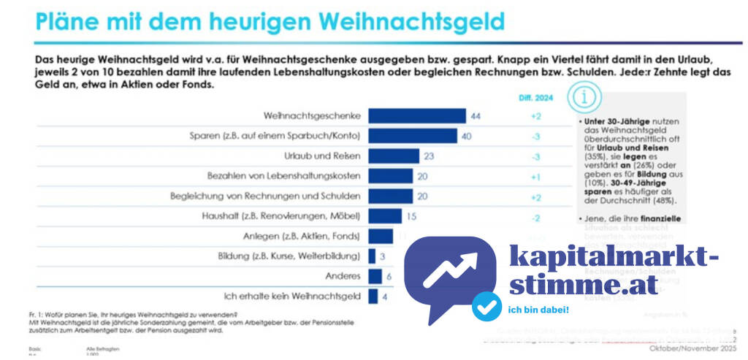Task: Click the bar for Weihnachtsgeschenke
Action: pyautogui.click(x=416, y=116)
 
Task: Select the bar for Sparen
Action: pyautogui.click(x=412, y=136)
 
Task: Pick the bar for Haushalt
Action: pyautogui.click(x=384, y=216)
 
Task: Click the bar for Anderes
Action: pyautogui.click(x=375, y=276)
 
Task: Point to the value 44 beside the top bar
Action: pyautogui.click(x=476, y=116)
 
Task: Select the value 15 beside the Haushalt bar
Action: pyautogui.click(x=411, y=216)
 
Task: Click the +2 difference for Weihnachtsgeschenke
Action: pyautogui.click(x=535, y=116)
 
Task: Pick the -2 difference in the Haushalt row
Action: pyautogui.click(x=535, y=216)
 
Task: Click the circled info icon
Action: pyautogui.click(x=589, y=96)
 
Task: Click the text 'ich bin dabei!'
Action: pyautogui.click(x=538, y=309)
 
